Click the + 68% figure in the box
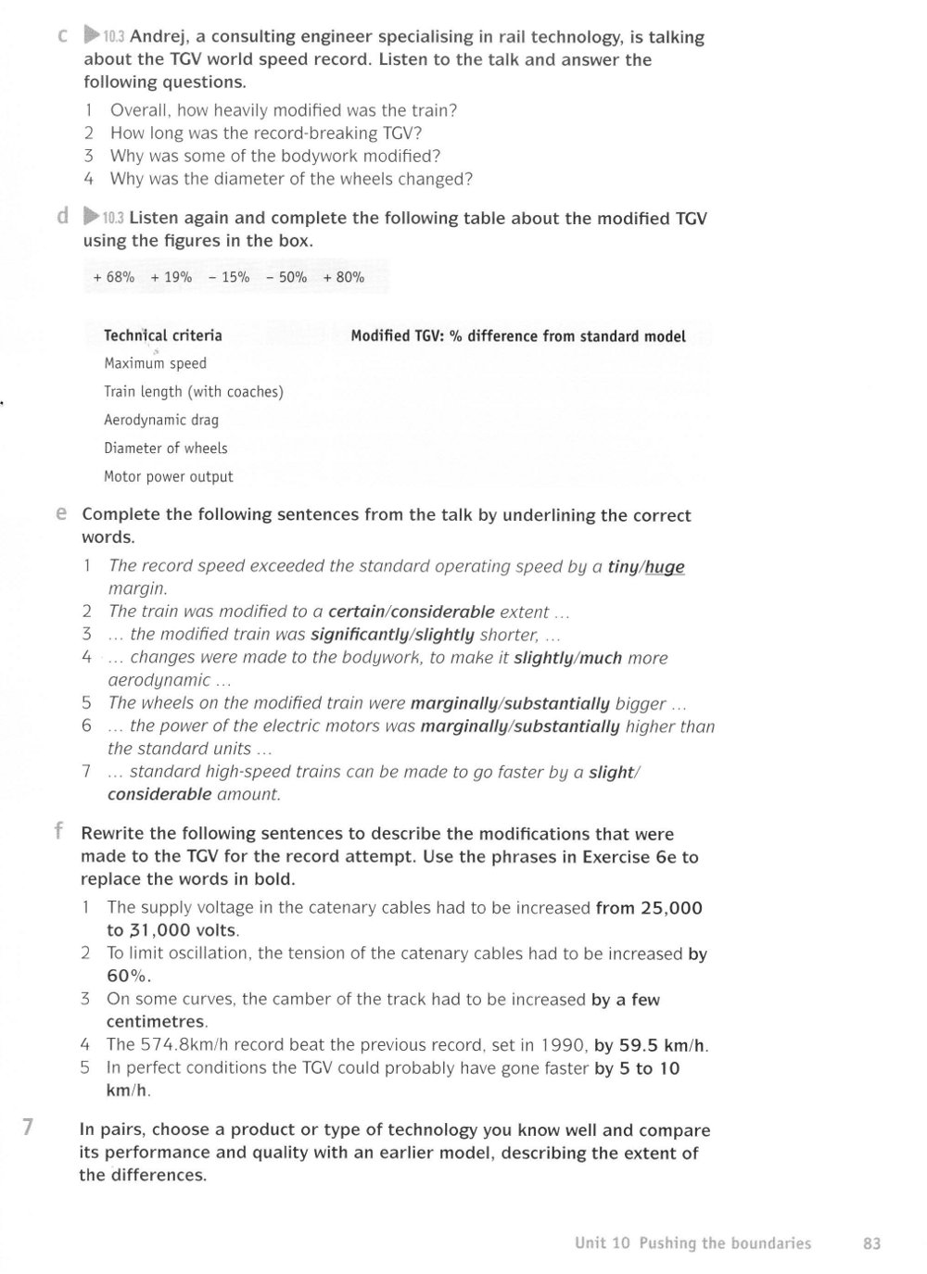coord(114,277)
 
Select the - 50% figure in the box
coord(286,277)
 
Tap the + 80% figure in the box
coord(344,277)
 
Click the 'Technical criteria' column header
coord(163,335)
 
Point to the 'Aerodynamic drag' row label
coord(161,420)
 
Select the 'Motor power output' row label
coord(169,477)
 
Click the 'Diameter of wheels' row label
coord(166,448)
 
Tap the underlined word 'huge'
coord(665,566)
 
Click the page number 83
coord(871,1243)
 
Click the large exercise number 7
coord(28,1128)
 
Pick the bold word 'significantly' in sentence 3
coord(360,635)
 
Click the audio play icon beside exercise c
coord(91,36)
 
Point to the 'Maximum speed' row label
coord(155,363)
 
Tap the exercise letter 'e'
coord(60,512)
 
